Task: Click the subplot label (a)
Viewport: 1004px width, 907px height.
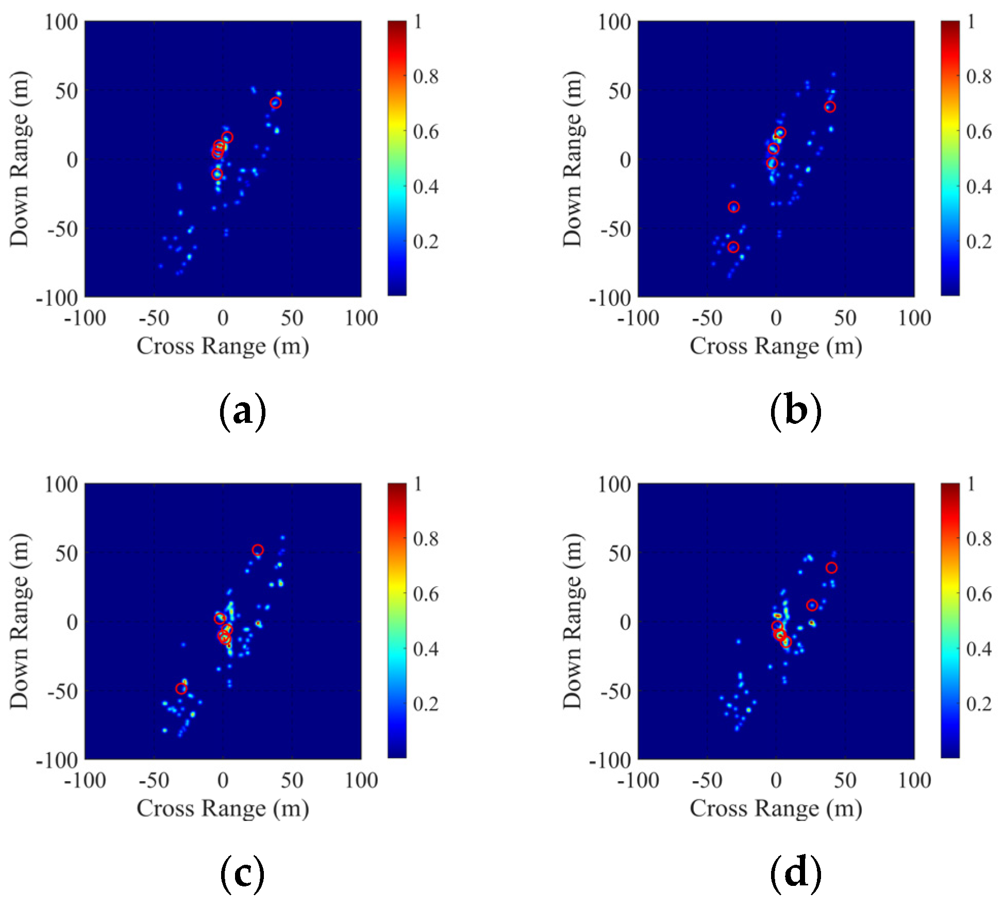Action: click(242, 412)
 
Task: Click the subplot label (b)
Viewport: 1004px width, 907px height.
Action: click(795, 412)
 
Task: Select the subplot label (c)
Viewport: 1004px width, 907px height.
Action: click(242, 875)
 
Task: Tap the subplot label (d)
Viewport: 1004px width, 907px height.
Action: click(795, 875)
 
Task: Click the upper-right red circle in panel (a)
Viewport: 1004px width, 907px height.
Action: click(276, 103)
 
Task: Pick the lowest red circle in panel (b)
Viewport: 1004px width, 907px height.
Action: click(733, 247)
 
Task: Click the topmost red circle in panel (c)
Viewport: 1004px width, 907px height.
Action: click(258, 550)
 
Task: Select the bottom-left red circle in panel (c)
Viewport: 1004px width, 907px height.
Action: click(181, 689)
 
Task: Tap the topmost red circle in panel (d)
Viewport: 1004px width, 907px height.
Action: click(831, 568)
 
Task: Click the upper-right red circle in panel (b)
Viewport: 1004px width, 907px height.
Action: click(830, 107)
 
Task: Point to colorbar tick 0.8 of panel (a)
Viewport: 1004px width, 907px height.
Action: click(426, 76)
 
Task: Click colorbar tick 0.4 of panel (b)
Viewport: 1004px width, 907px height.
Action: click(979, 186)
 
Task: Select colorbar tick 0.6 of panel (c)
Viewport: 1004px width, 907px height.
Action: click(426, 594)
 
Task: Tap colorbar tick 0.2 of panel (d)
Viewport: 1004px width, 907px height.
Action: click(979, 704)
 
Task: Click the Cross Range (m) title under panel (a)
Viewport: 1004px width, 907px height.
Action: click(223, 346)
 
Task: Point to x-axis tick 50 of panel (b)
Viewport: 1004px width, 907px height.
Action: click(845, 318)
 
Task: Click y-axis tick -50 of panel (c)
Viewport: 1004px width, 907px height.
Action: click(62, 691)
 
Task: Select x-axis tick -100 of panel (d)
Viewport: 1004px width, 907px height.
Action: click(638, 781)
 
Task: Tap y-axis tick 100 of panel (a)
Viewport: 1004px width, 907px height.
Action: click(61, 22)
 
